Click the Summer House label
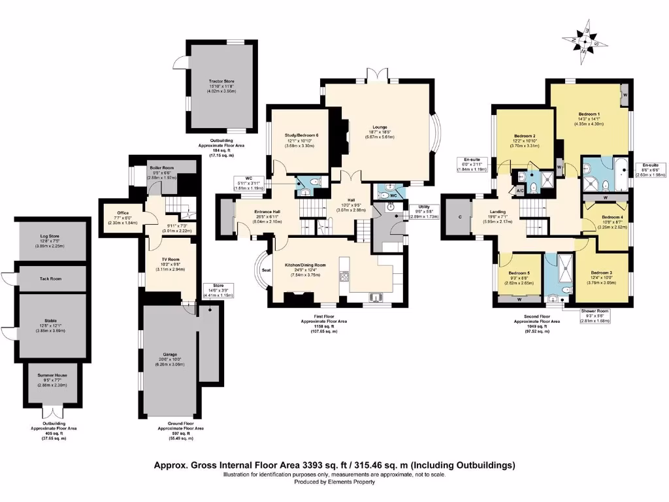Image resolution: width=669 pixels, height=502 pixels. [52, 375]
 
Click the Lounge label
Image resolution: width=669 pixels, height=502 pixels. [380, 127]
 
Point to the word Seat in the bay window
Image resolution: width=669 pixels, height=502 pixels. [267, 270]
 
